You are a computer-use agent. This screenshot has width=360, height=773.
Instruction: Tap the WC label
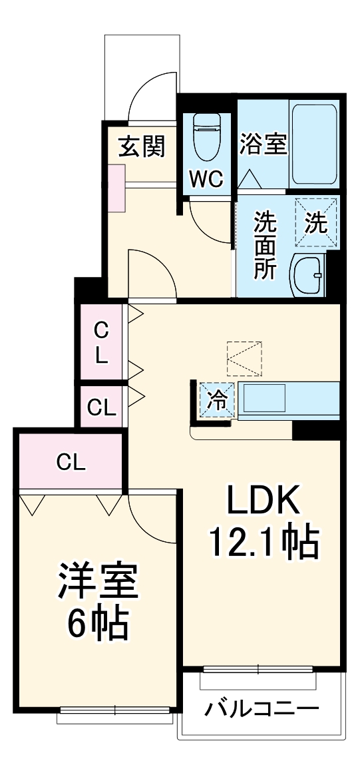(x=207, y=179)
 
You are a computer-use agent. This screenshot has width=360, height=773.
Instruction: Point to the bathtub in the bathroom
(x=315, y=144)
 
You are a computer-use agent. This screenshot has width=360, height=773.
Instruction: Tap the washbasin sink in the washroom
(x=308, y=274)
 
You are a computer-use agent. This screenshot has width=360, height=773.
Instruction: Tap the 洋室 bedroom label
(x=97, y=581)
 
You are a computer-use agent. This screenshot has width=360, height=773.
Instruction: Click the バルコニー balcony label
(x=261, y=708)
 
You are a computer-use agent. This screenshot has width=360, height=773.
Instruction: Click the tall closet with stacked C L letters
(x=100, y=343)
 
